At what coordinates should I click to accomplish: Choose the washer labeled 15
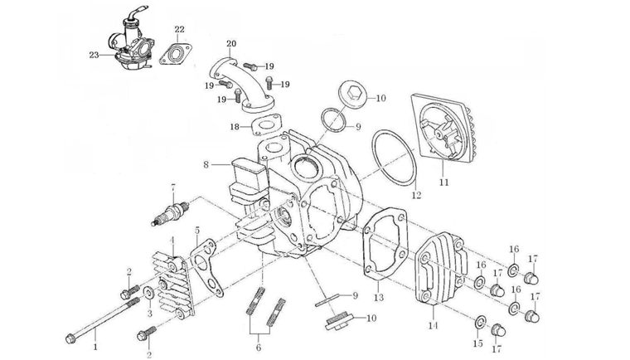[x=480, y=321]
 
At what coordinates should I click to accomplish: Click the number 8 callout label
[x=206, y=165]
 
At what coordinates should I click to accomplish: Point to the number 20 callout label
[x=230, y=43]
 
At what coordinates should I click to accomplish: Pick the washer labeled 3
[x=148, y=293]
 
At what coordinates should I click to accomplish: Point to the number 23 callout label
[x=94, y=56]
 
